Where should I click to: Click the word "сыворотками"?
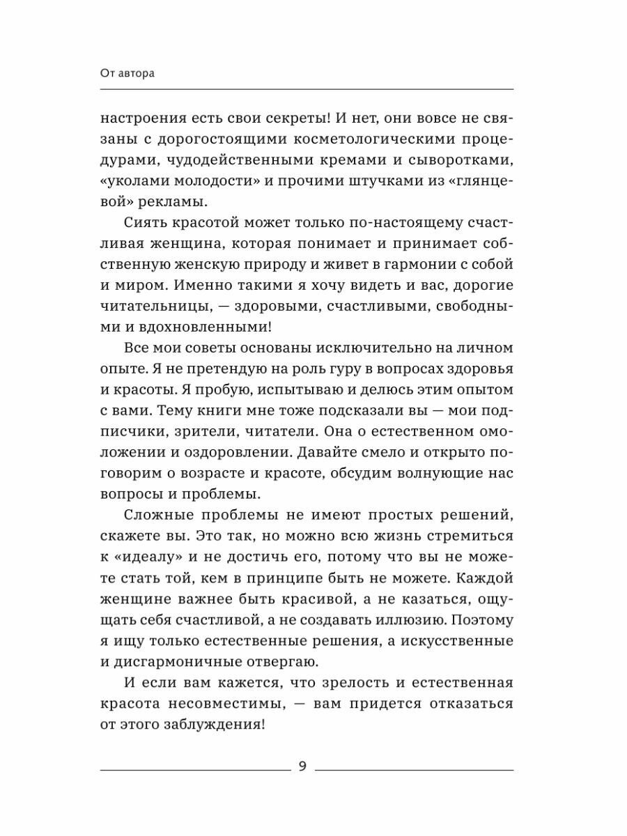click(x=460, y=164)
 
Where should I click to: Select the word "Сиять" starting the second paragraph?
click(x=148, y=225)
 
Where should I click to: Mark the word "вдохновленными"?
click(x=227, y=337)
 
